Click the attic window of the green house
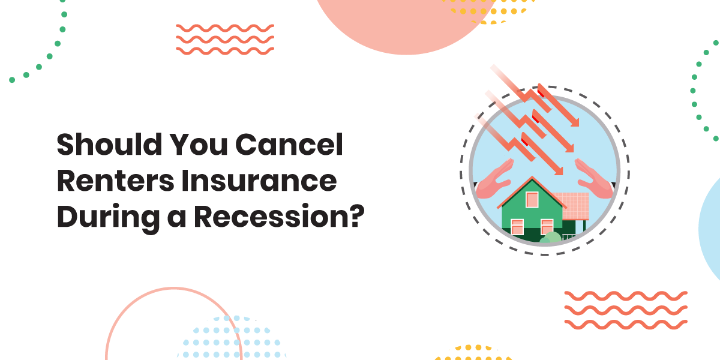pos(532,199)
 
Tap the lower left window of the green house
pos(517,227)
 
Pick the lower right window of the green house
pos(547,227)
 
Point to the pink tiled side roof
pos(574,205)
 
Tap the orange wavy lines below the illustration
pos(626,310)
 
